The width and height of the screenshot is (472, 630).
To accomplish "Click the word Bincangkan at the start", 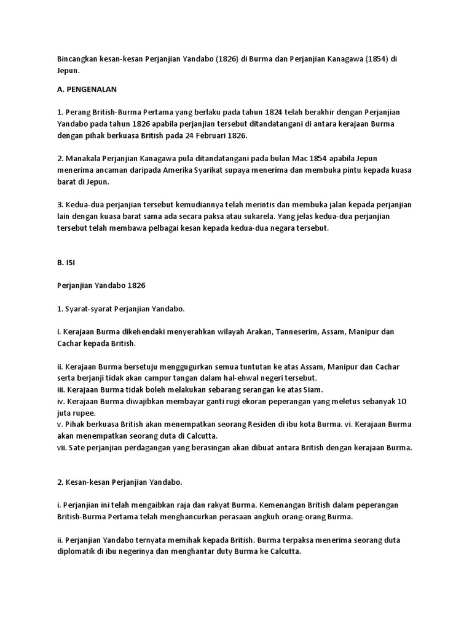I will [x=73, y=58].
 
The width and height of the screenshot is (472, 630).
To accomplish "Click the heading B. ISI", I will [x=64, y=262].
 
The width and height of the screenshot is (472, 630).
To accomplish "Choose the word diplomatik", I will [x=77, y=552].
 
